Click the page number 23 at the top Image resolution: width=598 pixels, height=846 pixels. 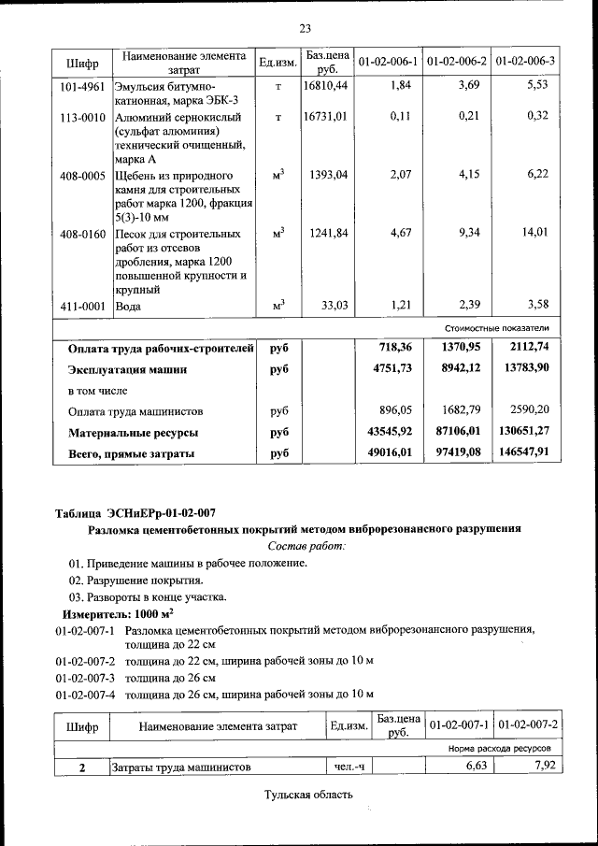(x=305, y=27)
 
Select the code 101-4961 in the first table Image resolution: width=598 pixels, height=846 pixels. (x=82, y=86)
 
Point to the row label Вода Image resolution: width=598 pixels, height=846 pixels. (x=128, y=306)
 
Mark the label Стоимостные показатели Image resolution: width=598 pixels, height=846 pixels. (x=503, y=328)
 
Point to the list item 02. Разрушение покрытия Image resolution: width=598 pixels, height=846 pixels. (x=135, y=581)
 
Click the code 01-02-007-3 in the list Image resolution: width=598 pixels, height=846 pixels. (x=84, y=678)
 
